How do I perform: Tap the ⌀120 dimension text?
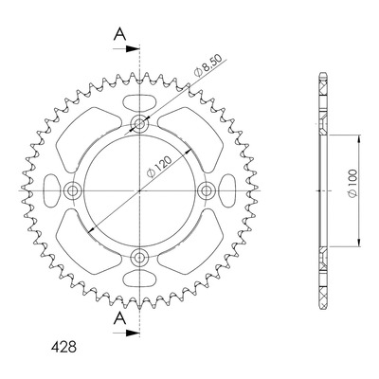pyautogui.click(x=159, y=167)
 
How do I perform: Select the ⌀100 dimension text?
pyautogui.click(x=352, y=184)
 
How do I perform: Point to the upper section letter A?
pyautogui.click(x=119, y=34)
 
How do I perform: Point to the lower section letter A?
pyautogui.click(x=119, y=318)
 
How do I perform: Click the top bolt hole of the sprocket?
pyautogui.click(x=139, y=123)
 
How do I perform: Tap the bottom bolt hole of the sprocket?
pyautogui.click(x=139, y=258)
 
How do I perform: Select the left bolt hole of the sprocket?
pyautogui.click(x=72, y=190)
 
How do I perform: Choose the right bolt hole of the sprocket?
pyautogui.click(x=207, y=190)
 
